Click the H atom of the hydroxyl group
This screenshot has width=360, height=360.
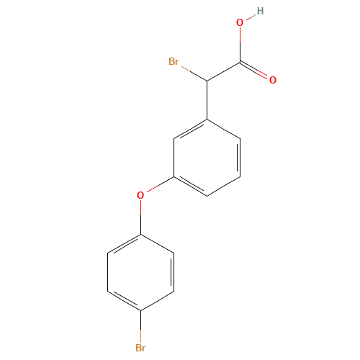click(x=260, y=11)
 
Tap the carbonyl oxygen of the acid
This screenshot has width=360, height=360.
click(x=272, y=79)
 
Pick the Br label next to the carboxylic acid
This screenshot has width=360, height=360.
click(x=174, y=62)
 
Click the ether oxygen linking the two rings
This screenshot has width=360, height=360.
click(x=141, y=194)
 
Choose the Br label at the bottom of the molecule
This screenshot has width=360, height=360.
click(x=141, y=348)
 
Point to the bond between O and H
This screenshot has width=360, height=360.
click(x=251, y=17)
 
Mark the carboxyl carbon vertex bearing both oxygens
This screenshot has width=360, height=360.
click(x=240, y=63)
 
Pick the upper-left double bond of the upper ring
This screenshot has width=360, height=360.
click(x=191, y=128)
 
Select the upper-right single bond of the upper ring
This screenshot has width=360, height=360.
click(x=223, y=128)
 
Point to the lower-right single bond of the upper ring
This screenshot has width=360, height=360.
click(x=223, y=185)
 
